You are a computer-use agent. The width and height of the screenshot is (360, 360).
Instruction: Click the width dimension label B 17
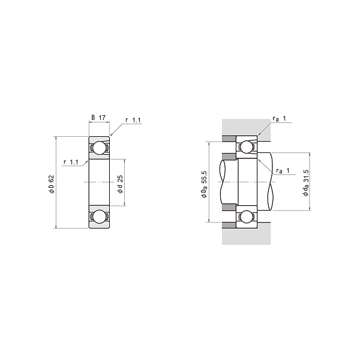[98, 118]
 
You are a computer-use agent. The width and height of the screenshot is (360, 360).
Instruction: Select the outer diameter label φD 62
[51, 184]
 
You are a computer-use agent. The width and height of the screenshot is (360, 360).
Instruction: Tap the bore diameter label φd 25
[120, 184]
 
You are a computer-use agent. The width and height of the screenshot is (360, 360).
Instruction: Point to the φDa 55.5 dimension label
[204, 184]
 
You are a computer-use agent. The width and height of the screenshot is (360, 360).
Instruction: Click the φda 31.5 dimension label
[305, 183]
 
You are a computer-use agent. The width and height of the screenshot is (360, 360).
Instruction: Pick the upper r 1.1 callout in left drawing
[133, 120]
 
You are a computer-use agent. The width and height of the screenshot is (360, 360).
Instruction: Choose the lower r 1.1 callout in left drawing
[71, 162]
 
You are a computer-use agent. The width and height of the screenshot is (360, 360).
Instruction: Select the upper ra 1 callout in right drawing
[279, 119]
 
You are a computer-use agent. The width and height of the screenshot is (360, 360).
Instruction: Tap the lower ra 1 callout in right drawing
[283, 170]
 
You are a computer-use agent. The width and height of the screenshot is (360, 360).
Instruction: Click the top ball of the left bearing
[99, 148]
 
